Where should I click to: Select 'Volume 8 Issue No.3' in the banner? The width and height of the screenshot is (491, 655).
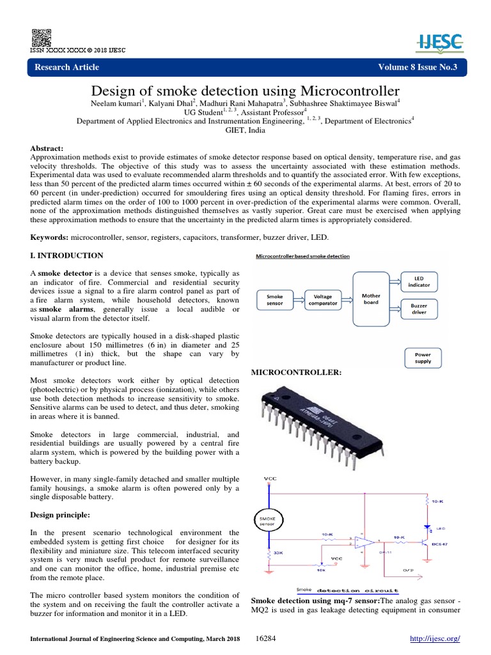click(414, 67)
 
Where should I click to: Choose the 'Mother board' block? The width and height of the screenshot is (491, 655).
click(371, 300)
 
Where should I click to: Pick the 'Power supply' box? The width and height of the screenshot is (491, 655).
click(423, 357)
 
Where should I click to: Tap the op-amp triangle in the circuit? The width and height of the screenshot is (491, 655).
click(365, 543)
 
